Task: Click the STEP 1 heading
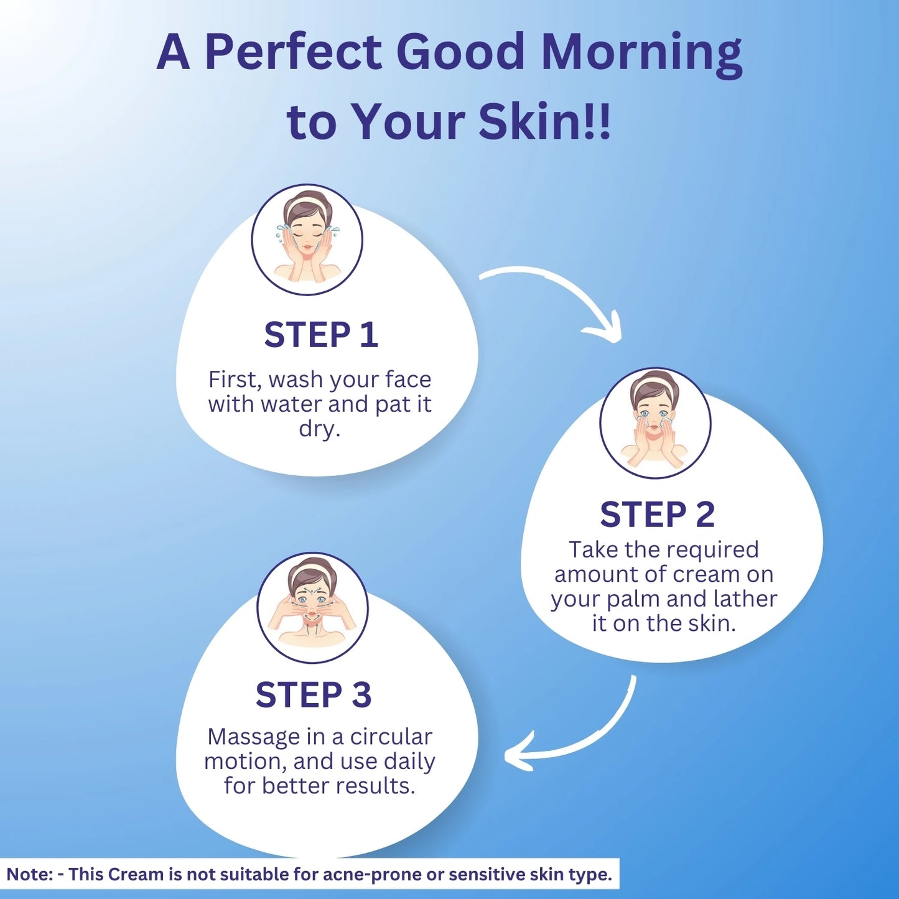pos(321,335)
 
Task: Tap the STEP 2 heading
pos(658,515)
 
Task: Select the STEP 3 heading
pos(314,696)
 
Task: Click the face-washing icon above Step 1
pos(307,240)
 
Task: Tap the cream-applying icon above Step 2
pos(655,422)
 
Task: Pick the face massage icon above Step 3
pos(312,608)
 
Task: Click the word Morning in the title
pos(643,54)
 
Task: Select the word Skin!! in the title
pos(544,121)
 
